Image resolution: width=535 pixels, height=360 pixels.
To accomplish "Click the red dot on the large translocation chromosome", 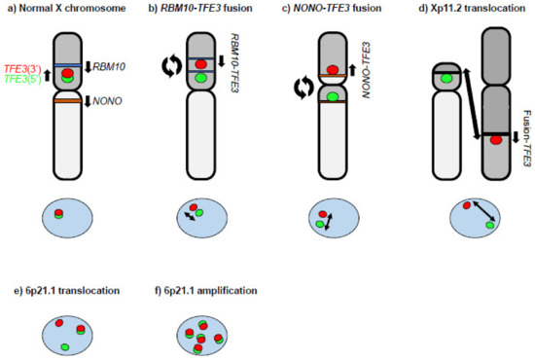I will [x=470, y=142].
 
